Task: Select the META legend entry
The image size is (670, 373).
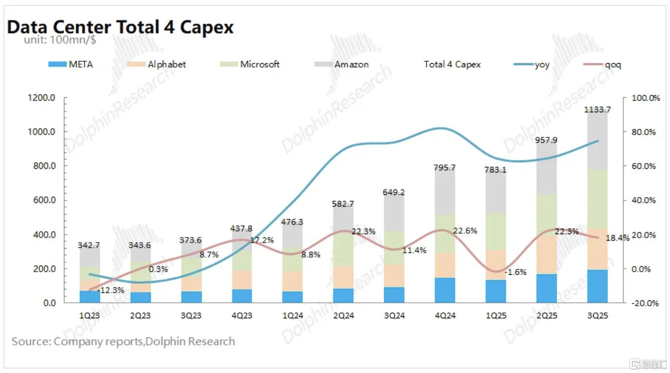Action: [x=71, y=64]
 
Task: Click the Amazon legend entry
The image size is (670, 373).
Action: [x=342, y=64]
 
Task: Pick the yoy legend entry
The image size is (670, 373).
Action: [x=532, y=64]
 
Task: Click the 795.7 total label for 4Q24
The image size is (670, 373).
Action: [x=445, y=167]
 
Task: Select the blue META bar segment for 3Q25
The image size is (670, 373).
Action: [x=597, y=286]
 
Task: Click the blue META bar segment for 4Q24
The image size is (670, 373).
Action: [x=445, y=290]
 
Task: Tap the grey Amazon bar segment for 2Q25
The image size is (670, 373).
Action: [x=546, y=168]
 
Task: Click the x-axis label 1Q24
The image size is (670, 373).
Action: [x=292, y=315]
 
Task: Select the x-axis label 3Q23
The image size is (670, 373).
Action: [x=191, y=315]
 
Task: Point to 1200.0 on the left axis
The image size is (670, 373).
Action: [x=43, y=98]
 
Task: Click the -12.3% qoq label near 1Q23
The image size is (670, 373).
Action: [x=108, y=291]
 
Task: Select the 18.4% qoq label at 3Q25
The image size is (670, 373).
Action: [x=617, y=238]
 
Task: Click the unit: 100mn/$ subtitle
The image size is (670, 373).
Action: [x=60, y=40]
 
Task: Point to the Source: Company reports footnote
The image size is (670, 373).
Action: [x=123, y=341]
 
